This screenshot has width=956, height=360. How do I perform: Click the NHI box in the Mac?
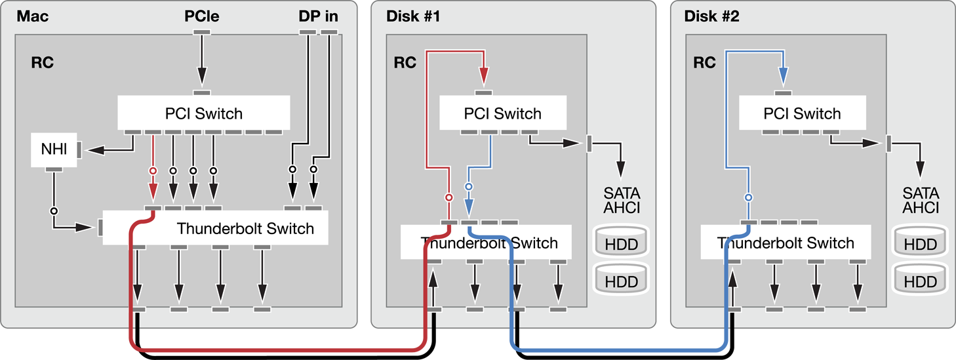(x=54, y=150)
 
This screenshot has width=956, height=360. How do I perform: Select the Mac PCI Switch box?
(x=204, y=113)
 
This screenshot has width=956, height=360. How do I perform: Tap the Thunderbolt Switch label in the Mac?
(x=245, y=228)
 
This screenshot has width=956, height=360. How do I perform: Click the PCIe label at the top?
(x=202, y=16)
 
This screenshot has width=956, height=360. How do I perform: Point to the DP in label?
(x=319, y=16)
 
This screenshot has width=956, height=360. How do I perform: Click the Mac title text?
(x=32, y=16)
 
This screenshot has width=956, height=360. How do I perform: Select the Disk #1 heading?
(x=412, y=16)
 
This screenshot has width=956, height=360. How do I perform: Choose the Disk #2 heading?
(x=711, y=16)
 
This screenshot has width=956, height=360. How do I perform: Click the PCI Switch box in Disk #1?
(x=503, y=113)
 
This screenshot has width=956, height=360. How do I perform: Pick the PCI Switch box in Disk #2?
(x=803, y=113)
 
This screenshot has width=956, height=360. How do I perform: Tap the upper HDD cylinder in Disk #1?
(x=622, y=241)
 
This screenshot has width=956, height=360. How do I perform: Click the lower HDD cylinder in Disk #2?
(x=921, y=279)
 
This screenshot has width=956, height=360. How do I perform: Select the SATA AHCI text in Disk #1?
(x=622, y=200)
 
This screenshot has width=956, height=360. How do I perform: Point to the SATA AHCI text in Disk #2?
(x=921, y=200)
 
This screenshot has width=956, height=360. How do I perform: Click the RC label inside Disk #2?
(x=704, y=63)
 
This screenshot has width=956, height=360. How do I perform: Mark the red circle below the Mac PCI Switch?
(x=153, y=170)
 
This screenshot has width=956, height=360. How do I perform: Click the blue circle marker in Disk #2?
(x=749, y=197)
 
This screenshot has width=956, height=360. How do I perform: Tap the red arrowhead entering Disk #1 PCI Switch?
(x=483, y=76)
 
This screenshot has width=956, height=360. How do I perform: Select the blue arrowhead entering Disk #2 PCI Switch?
(x=783, y=76)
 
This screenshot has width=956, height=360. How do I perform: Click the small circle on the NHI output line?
(x=54, y=211)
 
